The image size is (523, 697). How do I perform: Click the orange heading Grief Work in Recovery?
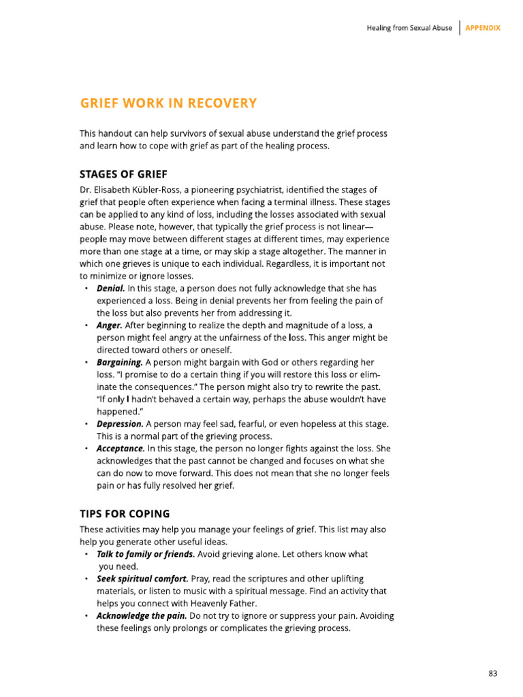tap(168, 103)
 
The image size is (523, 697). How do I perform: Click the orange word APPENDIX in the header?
tap(483, 28)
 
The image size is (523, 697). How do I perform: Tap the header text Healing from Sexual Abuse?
tap(409, 28)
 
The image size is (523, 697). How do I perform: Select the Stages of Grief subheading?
tap(123, 174)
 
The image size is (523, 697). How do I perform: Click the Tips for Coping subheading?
tap(125, 513)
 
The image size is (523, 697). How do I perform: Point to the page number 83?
tap(493, 673)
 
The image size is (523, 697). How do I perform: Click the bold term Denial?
tap(110, 289)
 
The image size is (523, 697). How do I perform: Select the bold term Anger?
tap(110, 325)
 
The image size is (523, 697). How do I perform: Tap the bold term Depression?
tap(120, 424)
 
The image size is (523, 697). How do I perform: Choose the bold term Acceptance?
tap(121, 449)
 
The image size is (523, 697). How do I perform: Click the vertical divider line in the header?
tap(460, 28)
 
